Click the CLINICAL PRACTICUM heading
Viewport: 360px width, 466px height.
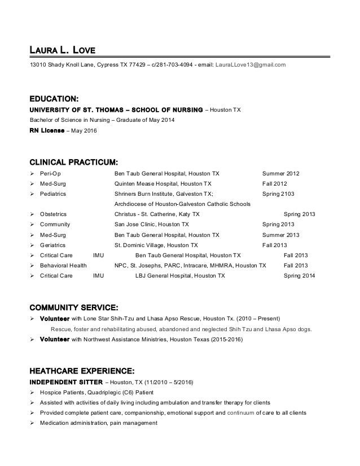73,161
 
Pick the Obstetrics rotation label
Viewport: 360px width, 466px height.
55,214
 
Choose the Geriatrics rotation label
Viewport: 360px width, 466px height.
53,245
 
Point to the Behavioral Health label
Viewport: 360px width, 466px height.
63,265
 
